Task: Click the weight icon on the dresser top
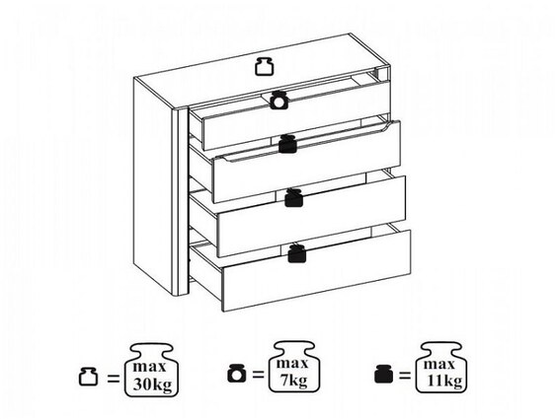coord(265,66)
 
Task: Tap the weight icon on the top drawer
coord(278,101)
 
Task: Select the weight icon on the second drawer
coord(287,144)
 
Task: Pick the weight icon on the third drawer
coord(294,198)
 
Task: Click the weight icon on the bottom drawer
coord(297,253)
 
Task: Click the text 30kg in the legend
coord(152,384)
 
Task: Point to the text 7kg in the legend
coord(293,382)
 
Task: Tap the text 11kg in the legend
coord(444,382)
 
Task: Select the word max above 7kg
coord(292,364)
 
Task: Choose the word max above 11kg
coord(439,364)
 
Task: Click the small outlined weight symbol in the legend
coord(88,377)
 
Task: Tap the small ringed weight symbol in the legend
coord(236,374)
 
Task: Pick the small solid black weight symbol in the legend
coord(383,375)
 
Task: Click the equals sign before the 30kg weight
coord(114,379)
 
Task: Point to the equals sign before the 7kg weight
coord(259,375)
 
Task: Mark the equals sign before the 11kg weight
coord(405,376)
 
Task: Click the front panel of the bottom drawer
coord(316,271)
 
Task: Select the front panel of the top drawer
coord(296,115)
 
